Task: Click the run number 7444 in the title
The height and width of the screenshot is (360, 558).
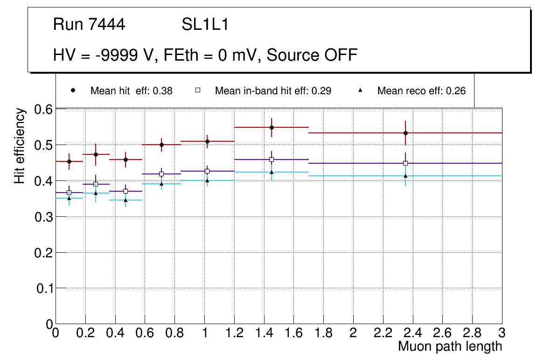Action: pos(107,25)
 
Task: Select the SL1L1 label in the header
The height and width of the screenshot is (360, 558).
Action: pos(205,25)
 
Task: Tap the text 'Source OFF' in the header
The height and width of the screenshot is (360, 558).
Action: pos(312,55)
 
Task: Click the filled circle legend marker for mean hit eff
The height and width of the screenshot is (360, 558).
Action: pos(73,90)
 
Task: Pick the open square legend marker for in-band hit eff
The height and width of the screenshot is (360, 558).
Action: pos(197,90)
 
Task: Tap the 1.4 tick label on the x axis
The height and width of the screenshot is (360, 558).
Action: pos(264,334)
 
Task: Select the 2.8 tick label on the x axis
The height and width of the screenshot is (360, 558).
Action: pos(472,334)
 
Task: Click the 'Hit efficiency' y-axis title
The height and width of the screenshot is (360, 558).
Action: pos(19,145)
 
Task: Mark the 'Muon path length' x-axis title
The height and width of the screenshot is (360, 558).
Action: pos(450,346)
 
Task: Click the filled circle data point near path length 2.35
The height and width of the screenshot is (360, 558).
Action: pos(405,133)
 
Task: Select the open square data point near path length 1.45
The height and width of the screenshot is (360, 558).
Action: pos(272,159)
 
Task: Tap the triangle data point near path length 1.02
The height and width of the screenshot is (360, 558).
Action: pos(207,180)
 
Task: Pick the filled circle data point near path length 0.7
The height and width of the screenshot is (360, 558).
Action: pos(161,145)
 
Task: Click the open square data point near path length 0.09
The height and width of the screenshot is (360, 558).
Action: pos(69,193)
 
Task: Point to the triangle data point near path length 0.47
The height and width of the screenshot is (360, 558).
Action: pos(126,200)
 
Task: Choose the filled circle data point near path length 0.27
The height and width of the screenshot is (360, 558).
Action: pos(96,154)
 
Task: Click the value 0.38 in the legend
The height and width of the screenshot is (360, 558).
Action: pos(164,91)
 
